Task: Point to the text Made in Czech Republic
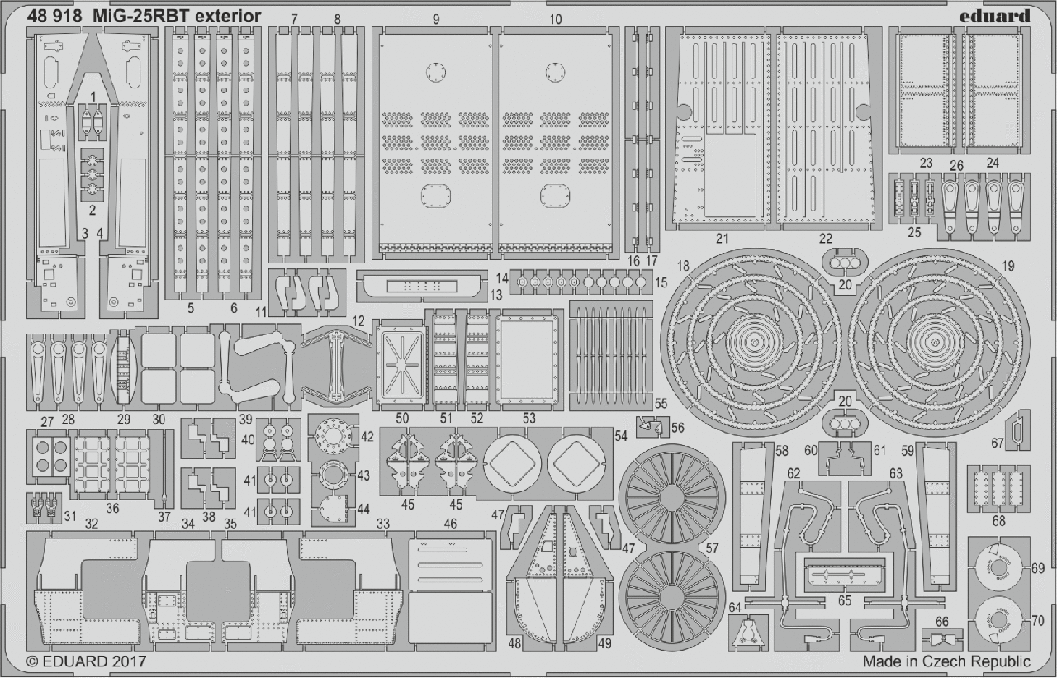[946, 661]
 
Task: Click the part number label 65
[844, 601]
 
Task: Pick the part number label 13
[495, 294]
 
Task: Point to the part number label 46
[450, 523]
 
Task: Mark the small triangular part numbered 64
[748, 634]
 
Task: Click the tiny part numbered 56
[652, 427]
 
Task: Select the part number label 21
[723, 239]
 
